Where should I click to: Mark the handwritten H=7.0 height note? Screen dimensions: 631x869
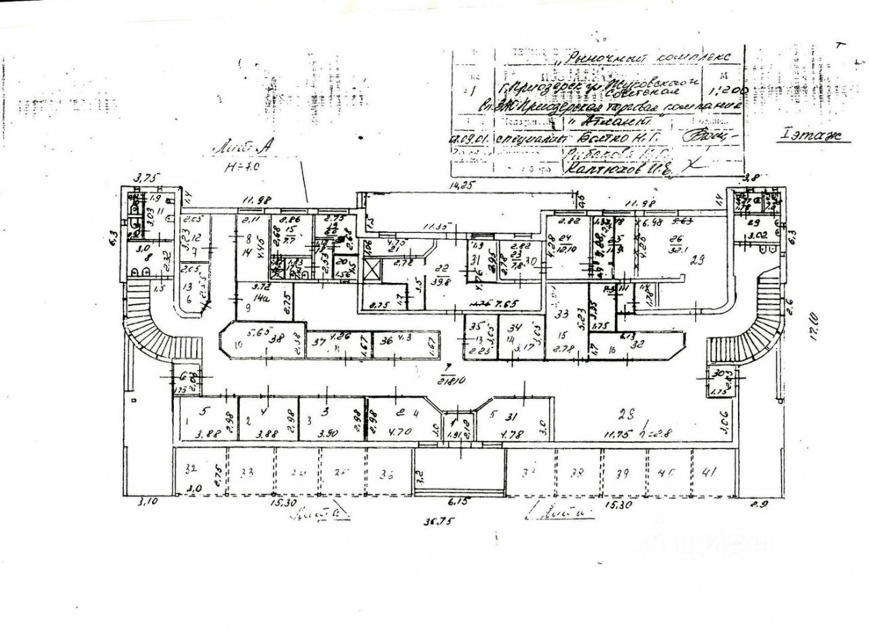click(x=241, y=165)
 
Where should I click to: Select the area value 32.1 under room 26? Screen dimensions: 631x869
click(x=676, y=248)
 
